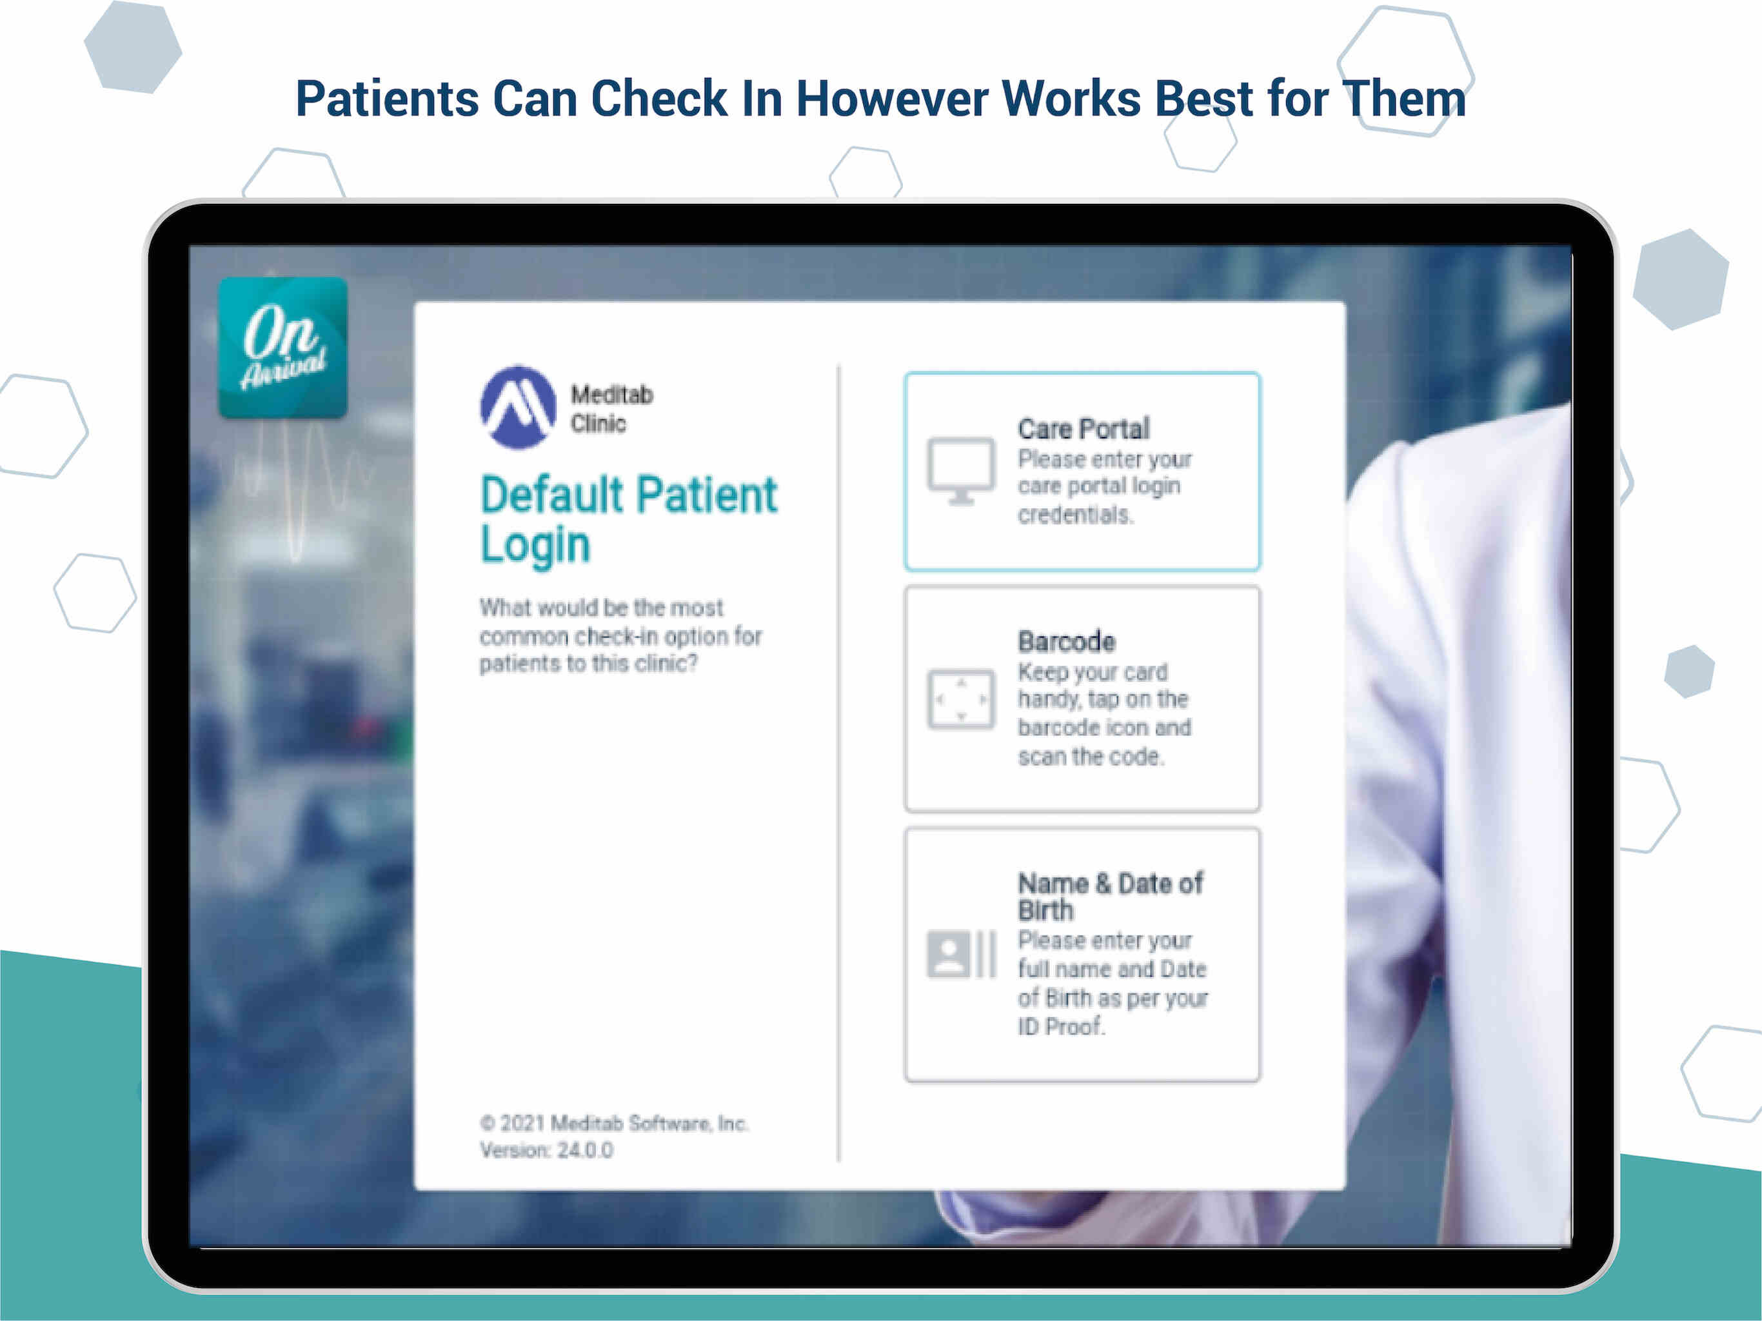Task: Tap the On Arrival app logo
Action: click(282, 348)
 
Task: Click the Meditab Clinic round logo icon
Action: click(518, 407)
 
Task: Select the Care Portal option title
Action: click(1084, 429)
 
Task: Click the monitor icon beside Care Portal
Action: click(961, 471)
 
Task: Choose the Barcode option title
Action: click(1067, 641)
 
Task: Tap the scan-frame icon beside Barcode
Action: click(961, 700)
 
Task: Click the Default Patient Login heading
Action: click(628, 519)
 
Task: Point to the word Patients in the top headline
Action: click(387, 99)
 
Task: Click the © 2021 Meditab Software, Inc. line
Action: click(614, 1124)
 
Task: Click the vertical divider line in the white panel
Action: click(839, 763)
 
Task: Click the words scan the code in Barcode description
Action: click(1091, 756)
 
